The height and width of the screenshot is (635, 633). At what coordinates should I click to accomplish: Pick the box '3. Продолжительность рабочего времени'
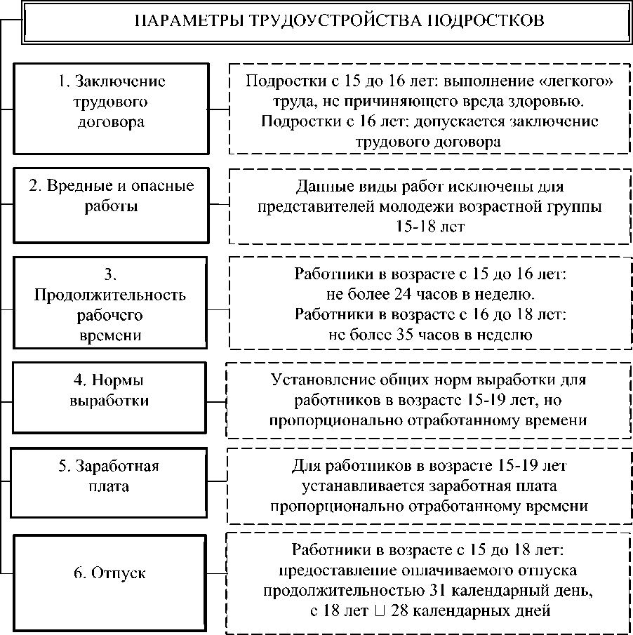(111, 302)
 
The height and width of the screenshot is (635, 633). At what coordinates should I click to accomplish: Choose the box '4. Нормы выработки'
(111, 398)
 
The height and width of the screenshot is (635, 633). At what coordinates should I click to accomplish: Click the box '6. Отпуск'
(111, 573)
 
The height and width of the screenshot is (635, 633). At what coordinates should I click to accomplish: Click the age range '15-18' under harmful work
(411, 227)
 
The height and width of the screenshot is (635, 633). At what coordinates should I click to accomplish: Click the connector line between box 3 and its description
(219, 309)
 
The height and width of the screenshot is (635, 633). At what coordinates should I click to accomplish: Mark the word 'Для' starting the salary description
(303, 465)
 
